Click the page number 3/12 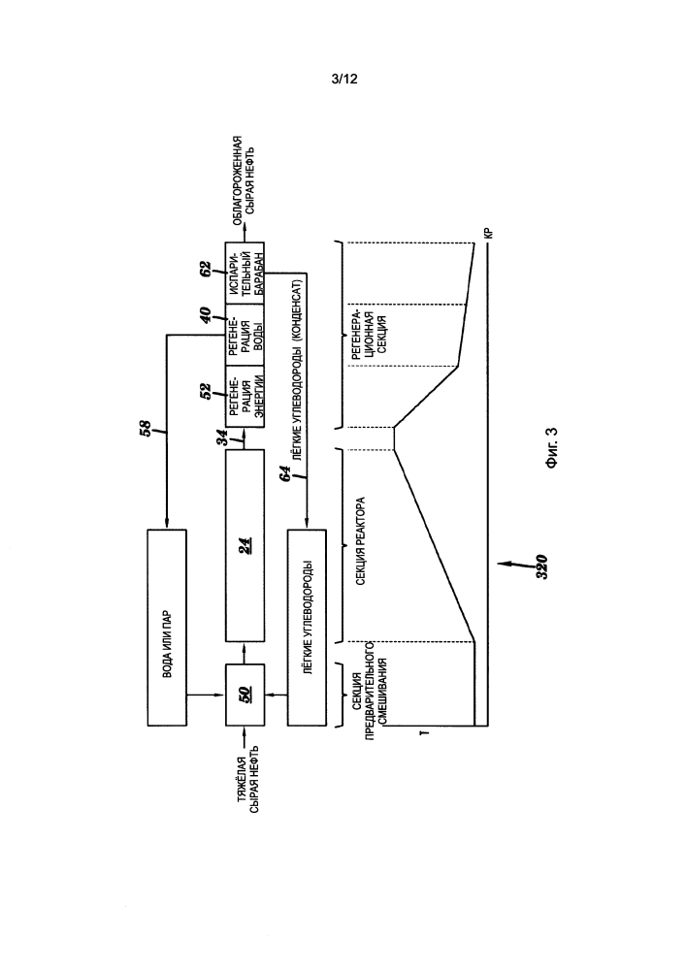pos(344,80)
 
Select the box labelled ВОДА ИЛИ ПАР pos(167,628)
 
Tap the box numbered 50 pos(245,695)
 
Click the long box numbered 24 pos(245,545)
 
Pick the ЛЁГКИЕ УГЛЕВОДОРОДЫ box pos(307,628)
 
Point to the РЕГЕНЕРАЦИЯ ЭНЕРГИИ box pos(245,397)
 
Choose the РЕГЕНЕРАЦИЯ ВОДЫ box pos(245,335)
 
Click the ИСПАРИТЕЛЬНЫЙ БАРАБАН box pos(245,273)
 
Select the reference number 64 pos(285,474)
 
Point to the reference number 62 pos(206,269)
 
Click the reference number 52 pos(206,391)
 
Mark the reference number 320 pos(541,566)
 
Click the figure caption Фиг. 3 pos(552,447)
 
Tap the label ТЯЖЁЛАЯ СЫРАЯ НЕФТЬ pos(245,778)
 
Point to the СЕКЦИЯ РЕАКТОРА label pos(361,541)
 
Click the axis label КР pos(488,234)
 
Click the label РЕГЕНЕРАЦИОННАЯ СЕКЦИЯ pos(372,335)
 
